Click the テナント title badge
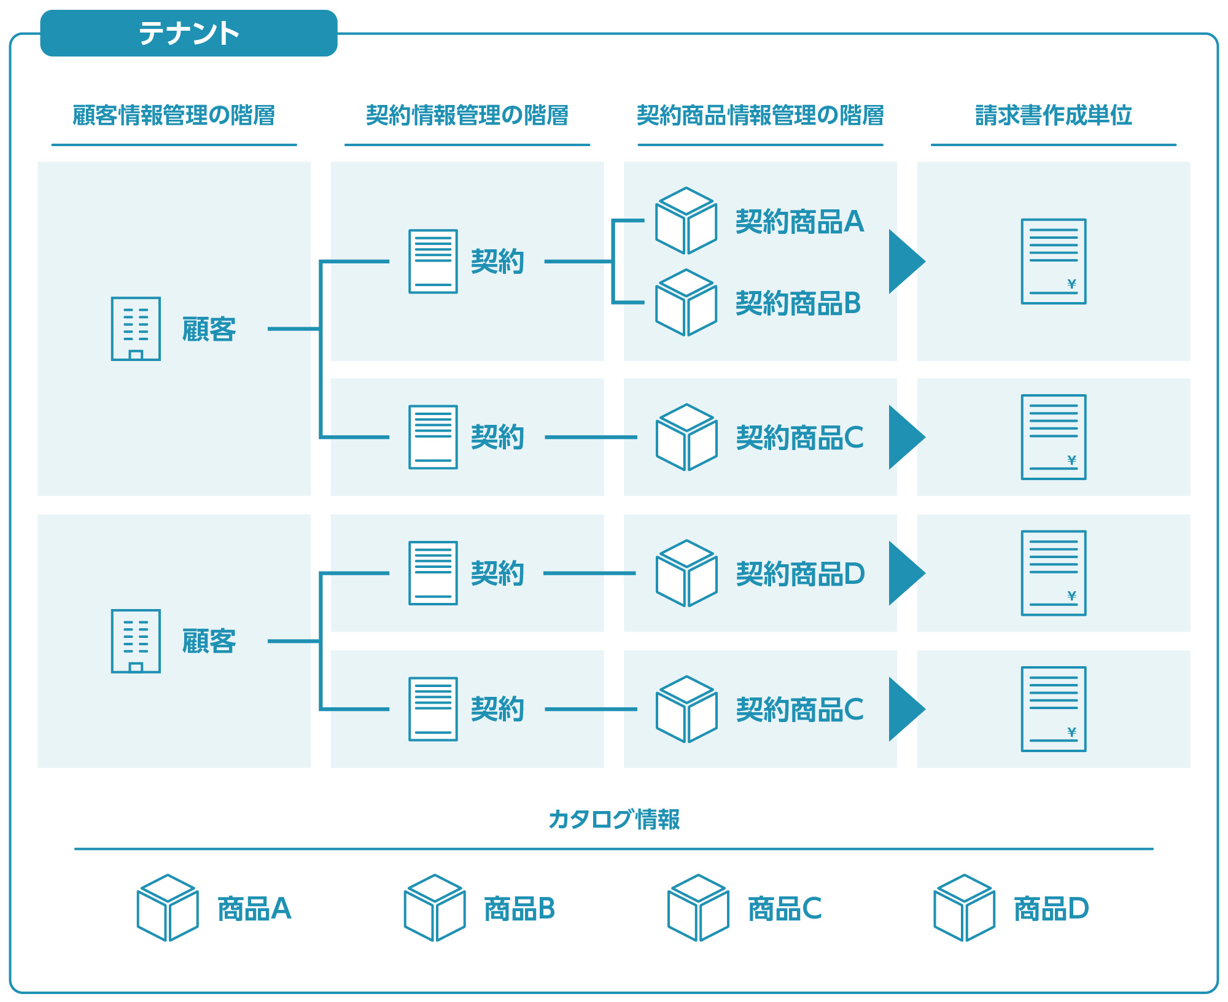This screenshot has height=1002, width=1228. tap(188, 33)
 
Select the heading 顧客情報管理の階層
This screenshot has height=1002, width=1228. tap(174, 115)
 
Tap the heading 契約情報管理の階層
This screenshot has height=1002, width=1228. tap(467, 115)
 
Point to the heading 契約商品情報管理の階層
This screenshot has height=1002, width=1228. tap(760, 115)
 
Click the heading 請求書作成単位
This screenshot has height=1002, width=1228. tap(1054, 115)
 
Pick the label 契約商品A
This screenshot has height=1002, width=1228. tap(800, 222)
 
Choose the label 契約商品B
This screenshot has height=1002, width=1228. tap(798, 303)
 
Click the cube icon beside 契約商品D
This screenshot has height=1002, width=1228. tap(686, 573)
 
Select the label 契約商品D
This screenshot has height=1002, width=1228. tap(801, 574)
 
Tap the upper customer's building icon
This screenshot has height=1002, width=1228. tap(136, 328)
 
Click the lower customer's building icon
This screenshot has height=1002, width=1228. tap(136, 641)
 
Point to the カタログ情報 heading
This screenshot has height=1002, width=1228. tap(614, 819)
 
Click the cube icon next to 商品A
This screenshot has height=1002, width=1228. tap(168, 908)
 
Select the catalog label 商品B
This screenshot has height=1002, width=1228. tap(519, 909)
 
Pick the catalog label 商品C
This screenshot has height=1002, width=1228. tap(785, 909)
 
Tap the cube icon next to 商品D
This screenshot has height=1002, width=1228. tap(965, 908)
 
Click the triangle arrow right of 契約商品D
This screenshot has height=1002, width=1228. tap(906, 573)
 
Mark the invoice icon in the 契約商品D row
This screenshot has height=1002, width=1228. tap(1054, 573)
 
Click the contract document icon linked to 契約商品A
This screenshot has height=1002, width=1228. tap(433, 262)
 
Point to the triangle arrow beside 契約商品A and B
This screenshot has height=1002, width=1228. tap(906, 262)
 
